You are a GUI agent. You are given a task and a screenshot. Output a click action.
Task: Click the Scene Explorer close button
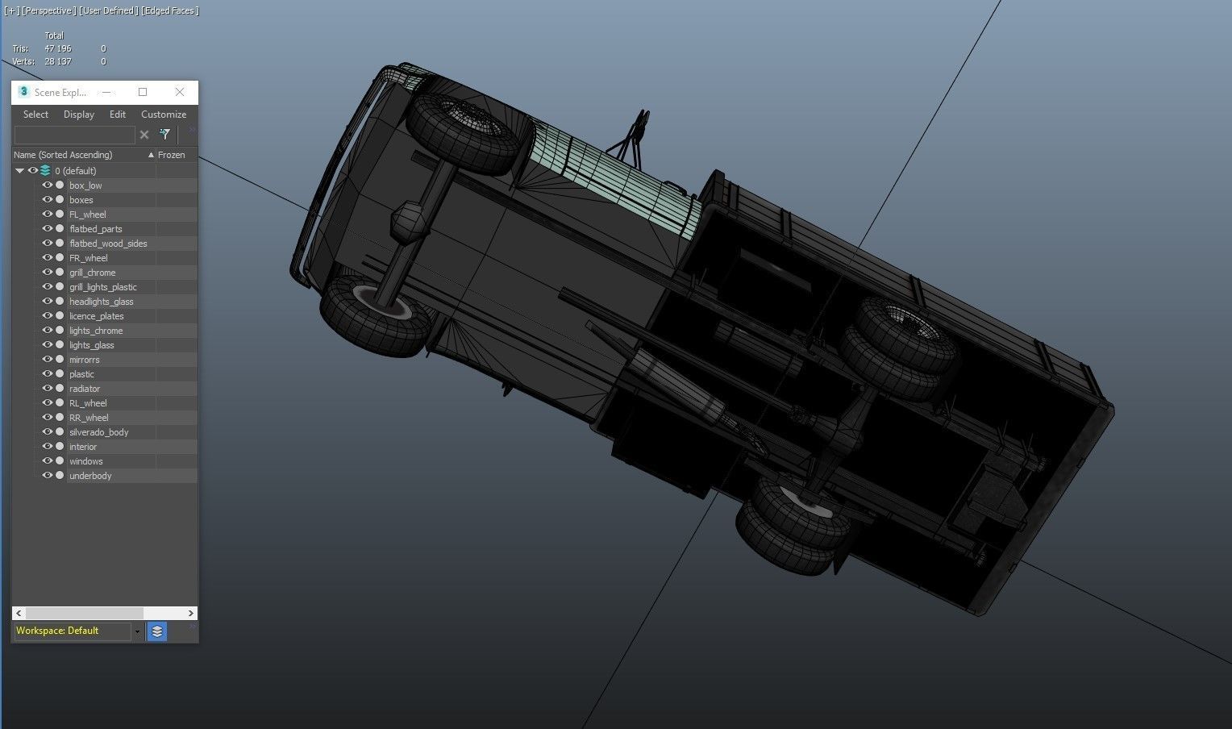pyautogui.click(x=179, y=93)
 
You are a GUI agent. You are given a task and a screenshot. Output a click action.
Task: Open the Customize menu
pyautogui.click(x=164, y=115)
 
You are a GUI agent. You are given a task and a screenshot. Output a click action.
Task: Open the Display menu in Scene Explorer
pyautogui.click(x=79, y=115)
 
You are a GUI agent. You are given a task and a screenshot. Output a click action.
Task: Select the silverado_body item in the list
pyautogui.click(x=99, y=432)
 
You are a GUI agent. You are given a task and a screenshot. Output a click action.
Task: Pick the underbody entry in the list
pyautogui.click(x=90, y=476)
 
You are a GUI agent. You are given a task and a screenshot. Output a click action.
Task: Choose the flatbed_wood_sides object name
pyautogui.click(x=108, y=244)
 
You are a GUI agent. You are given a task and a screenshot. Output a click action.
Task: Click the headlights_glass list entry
pyautogui.click(x=102, y=302)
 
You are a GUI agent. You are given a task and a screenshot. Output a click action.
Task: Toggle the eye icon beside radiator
pyautogui.click(x=48, y=389)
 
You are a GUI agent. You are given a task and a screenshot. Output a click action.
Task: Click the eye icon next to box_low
pyautogui.click(x=48, y=185)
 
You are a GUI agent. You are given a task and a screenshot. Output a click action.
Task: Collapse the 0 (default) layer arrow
pyautogui.click(x=20, y=171)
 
